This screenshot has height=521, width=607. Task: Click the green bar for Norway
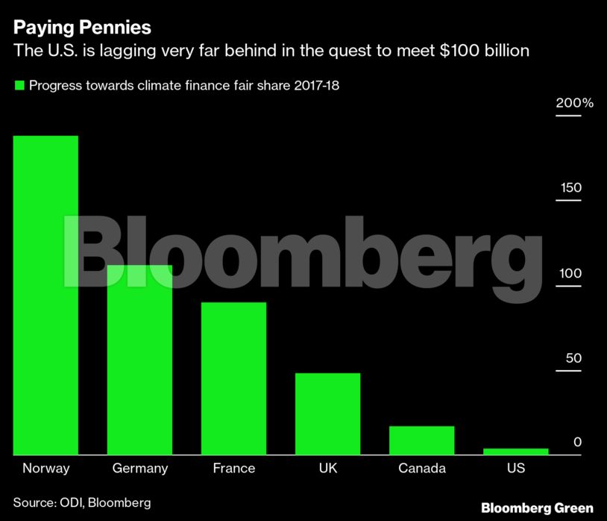[x=45, y=295]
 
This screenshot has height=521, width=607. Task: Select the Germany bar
[x=139, y=359]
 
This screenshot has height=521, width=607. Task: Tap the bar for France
[x=233, y=378]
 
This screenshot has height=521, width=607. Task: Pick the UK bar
[x=327, y=414]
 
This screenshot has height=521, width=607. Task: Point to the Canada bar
[x=421, y=440]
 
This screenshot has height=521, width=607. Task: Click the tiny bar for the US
[x=515, y=451]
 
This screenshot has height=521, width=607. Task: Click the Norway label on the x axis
[x=45, y=469]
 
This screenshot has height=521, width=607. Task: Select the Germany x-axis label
[x=139, y=469]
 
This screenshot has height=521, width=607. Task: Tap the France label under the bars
[x=233, y=469]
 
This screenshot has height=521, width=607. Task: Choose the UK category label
[x=327, y=469]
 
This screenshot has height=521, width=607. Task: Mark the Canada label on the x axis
[x=421, y=469]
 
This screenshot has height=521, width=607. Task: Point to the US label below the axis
[x=515, y=469]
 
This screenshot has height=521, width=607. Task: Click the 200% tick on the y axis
[x=574, y=102]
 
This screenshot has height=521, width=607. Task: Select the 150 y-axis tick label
[x=571, y=187]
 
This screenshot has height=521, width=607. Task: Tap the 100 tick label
[x=571, y=273]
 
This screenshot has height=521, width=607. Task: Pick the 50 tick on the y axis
[x=573, y=358]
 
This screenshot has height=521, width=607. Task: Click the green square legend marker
[x=19, y=85]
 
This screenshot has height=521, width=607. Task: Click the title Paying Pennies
[x=82, y=28]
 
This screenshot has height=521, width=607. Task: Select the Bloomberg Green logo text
[x=537, y=507]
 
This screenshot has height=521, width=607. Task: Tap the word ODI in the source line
[x=70, y=502]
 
